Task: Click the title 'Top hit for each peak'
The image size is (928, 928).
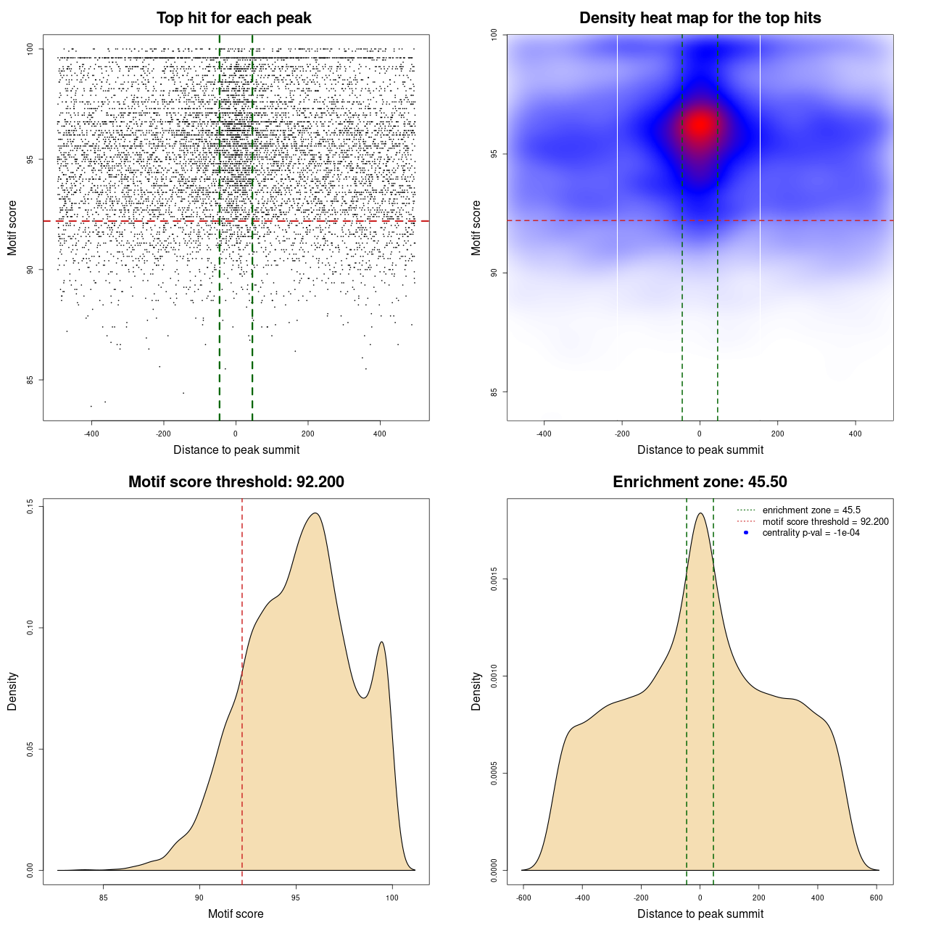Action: pyautogui.click(x=233, y=18)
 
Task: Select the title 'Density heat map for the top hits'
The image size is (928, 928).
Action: pyautogui.click(x=700, y=18)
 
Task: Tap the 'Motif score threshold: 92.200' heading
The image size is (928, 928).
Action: pyautogui.click(x=236, y=482)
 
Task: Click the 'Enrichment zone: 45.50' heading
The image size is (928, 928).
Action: pyautogui.click(x=700, y=482)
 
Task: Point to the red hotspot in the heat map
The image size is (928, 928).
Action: pyautogui.click(x=700, y=125)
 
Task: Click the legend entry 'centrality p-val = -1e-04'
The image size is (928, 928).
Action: pyautogui.click(x=811, y=533)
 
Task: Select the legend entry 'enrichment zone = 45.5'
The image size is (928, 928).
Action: pyautogui.click(x=811, y=510)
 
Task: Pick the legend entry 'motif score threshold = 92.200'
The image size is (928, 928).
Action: pyautogui.click(x=825, y=521)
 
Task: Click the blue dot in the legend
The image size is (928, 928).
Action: pyautogui.click(x=746, y=533)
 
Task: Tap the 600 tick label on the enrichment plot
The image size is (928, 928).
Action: pyautogui.click(x=877, y=898)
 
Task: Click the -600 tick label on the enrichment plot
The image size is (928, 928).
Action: pyautogui.click(x=523, y=898)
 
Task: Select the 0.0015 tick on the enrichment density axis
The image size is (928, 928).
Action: pyautogui.click(x=494, y=579)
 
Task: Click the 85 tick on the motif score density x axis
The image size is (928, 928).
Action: pyautogui.click(x=103, y=898)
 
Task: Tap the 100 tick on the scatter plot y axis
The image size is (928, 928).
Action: pyautogui.click(x=30, y=49)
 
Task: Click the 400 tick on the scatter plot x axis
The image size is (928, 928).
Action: pyautogui.click(x=380, y=434)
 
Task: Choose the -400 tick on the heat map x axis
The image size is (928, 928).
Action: pyautogui.click(x=544, y=434)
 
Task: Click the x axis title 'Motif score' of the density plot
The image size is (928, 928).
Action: pyautogui.click(x=236, y=913)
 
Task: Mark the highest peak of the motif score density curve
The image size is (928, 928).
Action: pyautogui.click(x=315, y=513)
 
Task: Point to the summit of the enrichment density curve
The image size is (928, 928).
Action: pyautogui.click(x=700, y=513)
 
